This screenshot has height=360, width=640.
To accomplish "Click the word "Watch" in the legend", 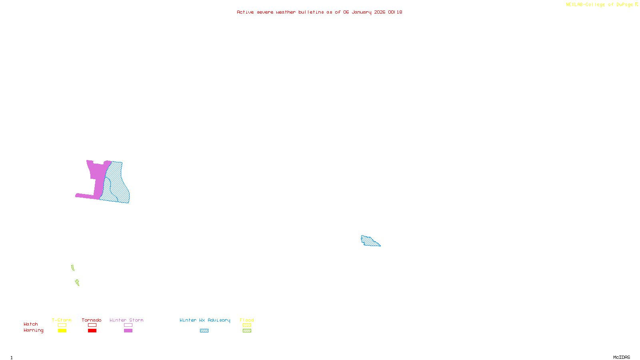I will [31, 324].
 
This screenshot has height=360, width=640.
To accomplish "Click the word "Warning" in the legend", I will [33, 330].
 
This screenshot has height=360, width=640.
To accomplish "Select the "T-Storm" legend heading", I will [62, 320].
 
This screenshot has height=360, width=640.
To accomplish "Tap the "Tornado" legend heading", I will [92, 320].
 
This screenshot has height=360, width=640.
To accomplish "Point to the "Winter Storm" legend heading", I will [126, 320].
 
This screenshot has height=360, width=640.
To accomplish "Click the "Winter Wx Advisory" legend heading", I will [205, 320].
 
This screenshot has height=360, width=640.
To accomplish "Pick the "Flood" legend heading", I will [247, 320].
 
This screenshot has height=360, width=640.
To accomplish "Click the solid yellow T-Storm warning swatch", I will [62, 331].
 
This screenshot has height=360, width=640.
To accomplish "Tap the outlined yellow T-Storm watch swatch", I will [62, 325].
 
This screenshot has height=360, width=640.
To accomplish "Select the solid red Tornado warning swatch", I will [92, 331].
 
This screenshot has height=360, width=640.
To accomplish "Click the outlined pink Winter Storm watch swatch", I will [128, 325].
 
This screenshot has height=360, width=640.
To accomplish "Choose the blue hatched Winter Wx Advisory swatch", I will [204, 331].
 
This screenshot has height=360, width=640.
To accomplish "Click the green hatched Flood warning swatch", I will [247, 331].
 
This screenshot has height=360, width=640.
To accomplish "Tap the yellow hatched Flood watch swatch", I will [247, 325].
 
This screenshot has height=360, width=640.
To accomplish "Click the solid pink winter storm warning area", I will [96, 176].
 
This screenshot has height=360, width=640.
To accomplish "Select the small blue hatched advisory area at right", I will [370, 241].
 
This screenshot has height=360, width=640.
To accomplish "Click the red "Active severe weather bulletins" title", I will [319, 12].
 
